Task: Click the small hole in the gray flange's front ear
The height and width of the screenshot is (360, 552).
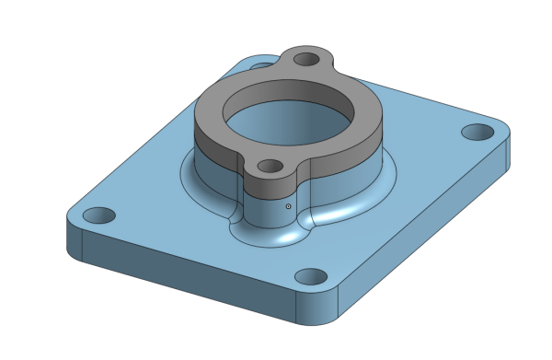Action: click(270, 167)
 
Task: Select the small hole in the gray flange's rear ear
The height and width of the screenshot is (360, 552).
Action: click(305, 62)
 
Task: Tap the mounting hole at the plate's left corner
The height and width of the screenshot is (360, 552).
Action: click(98, 216)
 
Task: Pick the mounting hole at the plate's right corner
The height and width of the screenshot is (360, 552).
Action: click(477, 132)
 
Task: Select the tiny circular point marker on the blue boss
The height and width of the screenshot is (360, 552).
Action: click(288, 207)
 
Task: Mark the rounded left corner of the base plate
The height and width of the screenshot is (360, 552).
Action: click(74, 239)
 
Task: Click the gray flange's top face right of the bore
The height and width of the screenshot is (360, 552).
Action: click(363, 115)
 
